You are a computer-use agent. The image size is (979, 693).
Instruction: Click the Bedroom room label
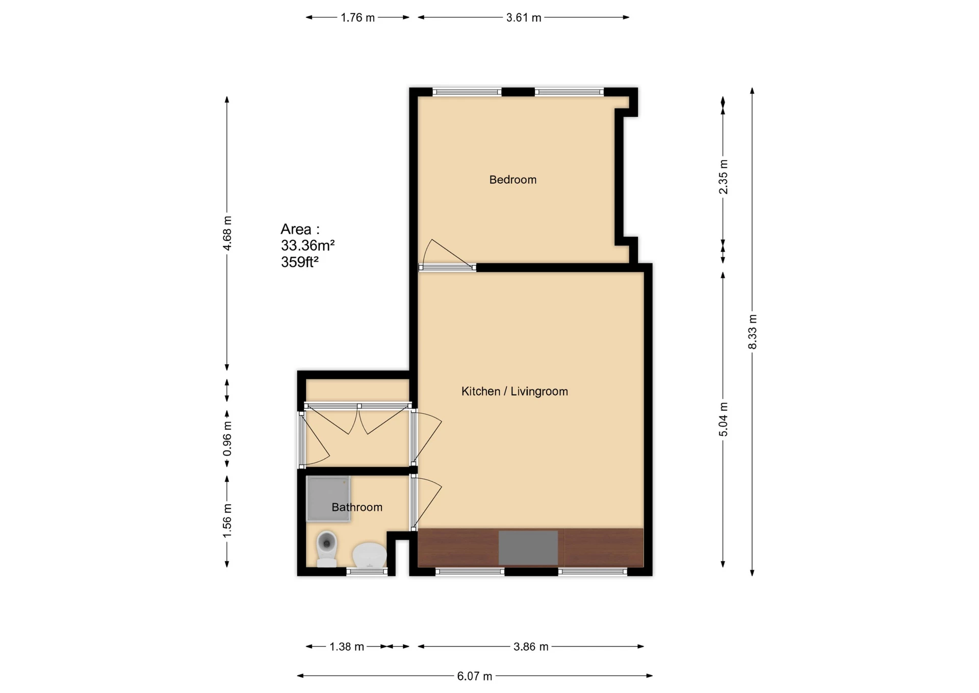(512, 180)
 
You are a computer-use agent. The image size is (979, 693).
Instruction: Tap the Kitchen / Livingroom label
(514, 391)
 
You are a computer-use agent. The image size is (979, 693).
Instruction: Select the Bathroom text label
(356, 507)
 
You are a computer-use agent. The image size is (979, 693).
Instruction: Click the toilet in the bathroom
(326, 548)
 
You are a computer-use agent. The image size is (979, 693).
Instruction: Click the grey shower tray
(327, 499)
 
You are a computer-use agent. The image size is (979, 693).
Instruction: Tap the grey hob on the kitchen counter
(528, 548)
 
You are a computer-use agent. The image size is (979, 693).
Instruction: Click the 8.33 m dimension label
(753, 332)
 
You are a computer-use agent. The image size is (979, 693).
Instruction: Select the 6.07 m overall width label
(474, 676)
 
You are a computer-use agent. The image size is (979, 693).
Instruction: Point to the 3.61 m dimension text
(523, 18)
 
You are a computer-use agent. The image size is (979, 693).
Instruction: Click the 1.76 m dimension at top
(357, 18)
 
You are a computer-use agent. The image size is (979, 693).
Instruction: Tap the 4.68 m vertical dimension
(227, 233)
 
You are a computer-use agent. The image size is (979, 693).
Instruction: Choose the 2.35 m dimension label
(723, 177)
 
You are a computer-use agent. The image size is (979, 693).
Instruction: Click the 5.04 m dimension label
(723, 419)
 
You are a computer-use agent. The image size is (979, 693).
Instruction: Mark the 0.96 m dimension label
(227, 439)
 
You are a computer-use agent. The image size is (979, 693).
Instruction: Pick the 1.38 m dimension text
(346, 647)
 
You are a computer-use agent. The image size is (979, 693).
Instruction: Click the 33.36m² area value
(307, 245)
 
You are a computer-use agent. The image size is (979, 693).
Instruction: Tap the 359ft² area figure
(299, 262)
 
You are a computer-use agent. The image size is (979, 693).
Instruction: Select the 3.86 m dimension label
(530, 647)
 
